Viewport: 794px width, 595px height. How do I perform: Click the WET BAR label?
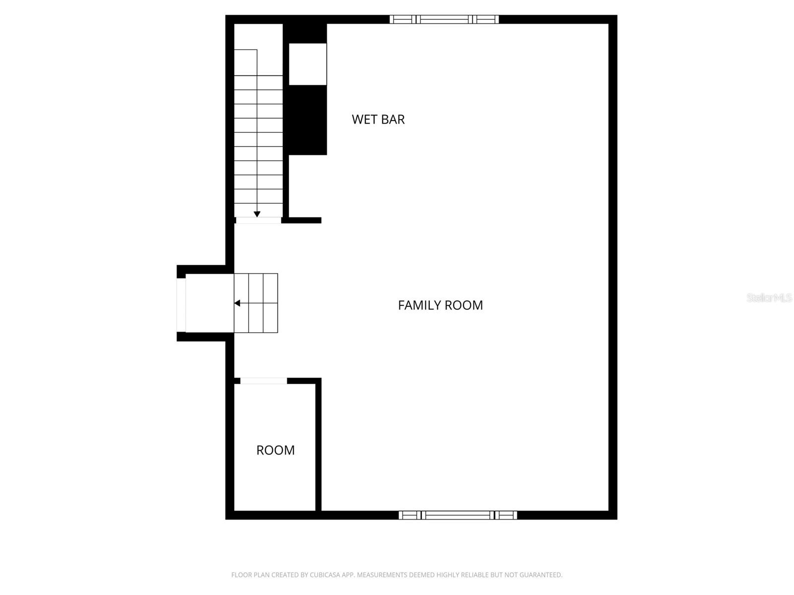(x=378, y=119)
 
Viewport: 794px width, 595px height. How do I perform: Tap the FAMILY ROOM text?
(x=440, y=305)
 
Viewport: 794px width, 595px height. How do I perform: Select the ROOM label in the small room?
(x=275, y=450)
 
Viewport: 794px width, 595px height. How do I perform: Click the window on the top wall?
(x=444, y=19)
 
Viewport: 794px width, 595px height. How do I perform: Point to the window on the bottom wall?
(x=458, y=515)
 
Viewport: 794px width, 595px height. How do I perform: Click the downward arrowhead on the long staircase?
(x=257, y=214)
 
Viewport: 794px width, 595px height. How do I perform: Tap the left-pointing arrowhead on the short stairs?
(x=237, y=303)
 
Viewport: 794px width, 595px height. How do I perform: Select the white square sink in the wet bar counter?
(x=308, y=64)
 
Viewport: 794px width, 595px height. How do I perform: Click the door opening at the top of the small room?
(x=264, y=381)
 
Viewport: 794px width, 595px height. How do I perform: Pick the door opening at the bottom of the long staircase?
(x=258, y=220)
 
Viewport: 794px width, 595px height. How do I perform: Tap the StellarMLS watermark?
(x=769, y=298)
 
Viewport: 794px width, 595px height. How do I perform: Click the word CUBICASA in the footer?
(x=324, y=575)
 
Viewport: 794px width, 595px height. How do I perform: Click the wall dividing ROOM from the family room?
(x=319, y=446)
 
